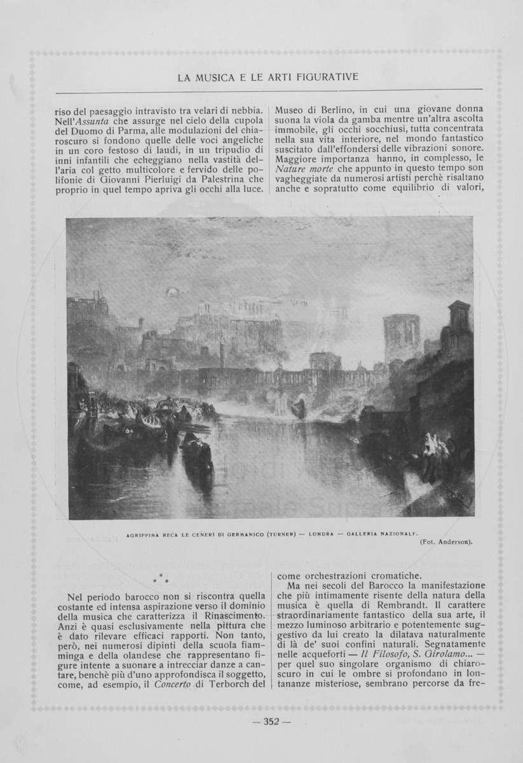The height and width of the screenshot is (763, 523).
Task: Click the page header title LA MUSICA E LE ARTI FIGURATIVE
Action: [x=268, y=78]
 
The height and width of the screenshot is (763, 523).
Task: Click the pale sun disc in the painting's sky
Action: [x=172, y=291]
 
